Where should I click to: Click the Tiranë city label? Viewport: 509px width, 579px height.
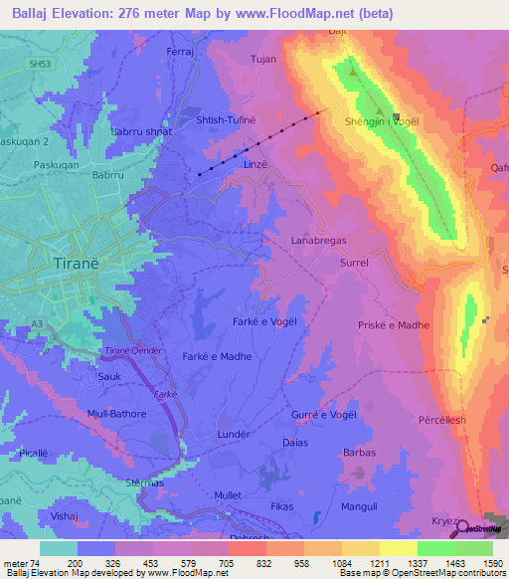pos(72,265)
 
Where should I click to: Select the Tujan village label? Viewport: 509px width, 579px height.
pos(263,60)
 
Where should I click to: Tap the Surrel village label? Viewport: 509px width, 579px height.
pos(354,264)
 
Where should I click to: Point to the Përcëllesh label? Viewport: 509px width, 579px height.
pos(442,421)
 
